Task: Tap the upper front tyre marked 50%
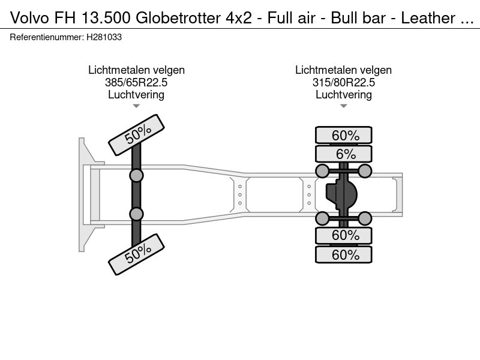[136, 135]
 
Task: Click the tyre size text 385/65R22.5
[136, 82]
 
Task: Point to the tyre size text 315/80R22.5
[343, 82]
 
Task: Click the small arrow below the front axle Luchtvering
[136, 106]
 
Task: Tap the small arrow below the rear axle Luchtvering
[343, 106]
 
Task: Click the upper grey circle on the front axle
[136, 175]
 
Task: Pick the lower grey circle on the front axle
[136, 214]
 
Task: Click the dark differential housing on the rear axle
[342, 194]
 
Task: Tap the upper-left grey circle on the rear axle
[322, 172]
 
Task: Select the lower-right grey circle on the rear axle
[365, 217]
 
